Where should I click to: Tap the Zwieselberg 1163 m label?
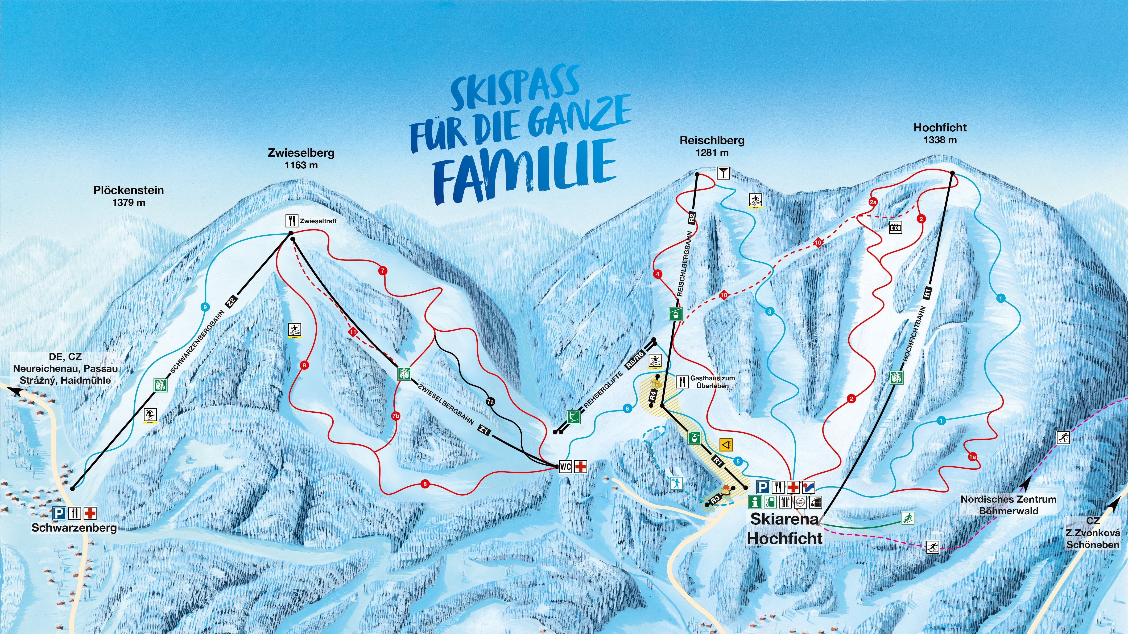[x=301, y=158]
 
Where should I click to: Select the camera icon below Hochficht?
[x=896, y=227]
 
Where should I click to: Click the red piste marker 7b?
[x=395, y=416]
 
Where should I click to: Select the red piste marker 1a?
[x=972, y=457]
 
